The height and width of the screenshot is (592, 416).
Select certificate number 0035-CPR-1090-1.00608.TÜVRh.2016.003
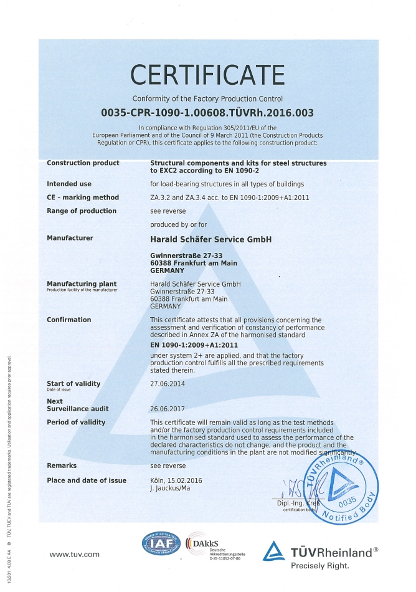[x=207, y=113]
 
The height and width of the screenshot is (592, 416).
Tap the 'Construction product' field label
[x=83, y=163]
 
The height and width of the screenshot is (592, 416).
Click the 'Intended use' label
[x=69, y=184]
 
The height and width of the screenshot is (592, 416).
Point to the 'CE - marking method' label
[x=83, y=198]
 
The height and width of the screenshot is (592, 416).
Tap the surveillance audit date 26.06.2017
[x=168, y=409]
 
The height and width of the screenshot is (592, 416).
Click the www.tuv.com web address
[x=75, y=554]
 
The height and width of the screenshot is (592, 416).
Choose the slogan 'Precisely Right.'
[x=320, y=565]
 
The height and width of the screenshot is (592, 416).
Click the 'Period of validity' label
[x=76, y=423]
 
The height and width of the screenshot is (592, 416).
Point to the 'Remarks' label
[x=62, y=465]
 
